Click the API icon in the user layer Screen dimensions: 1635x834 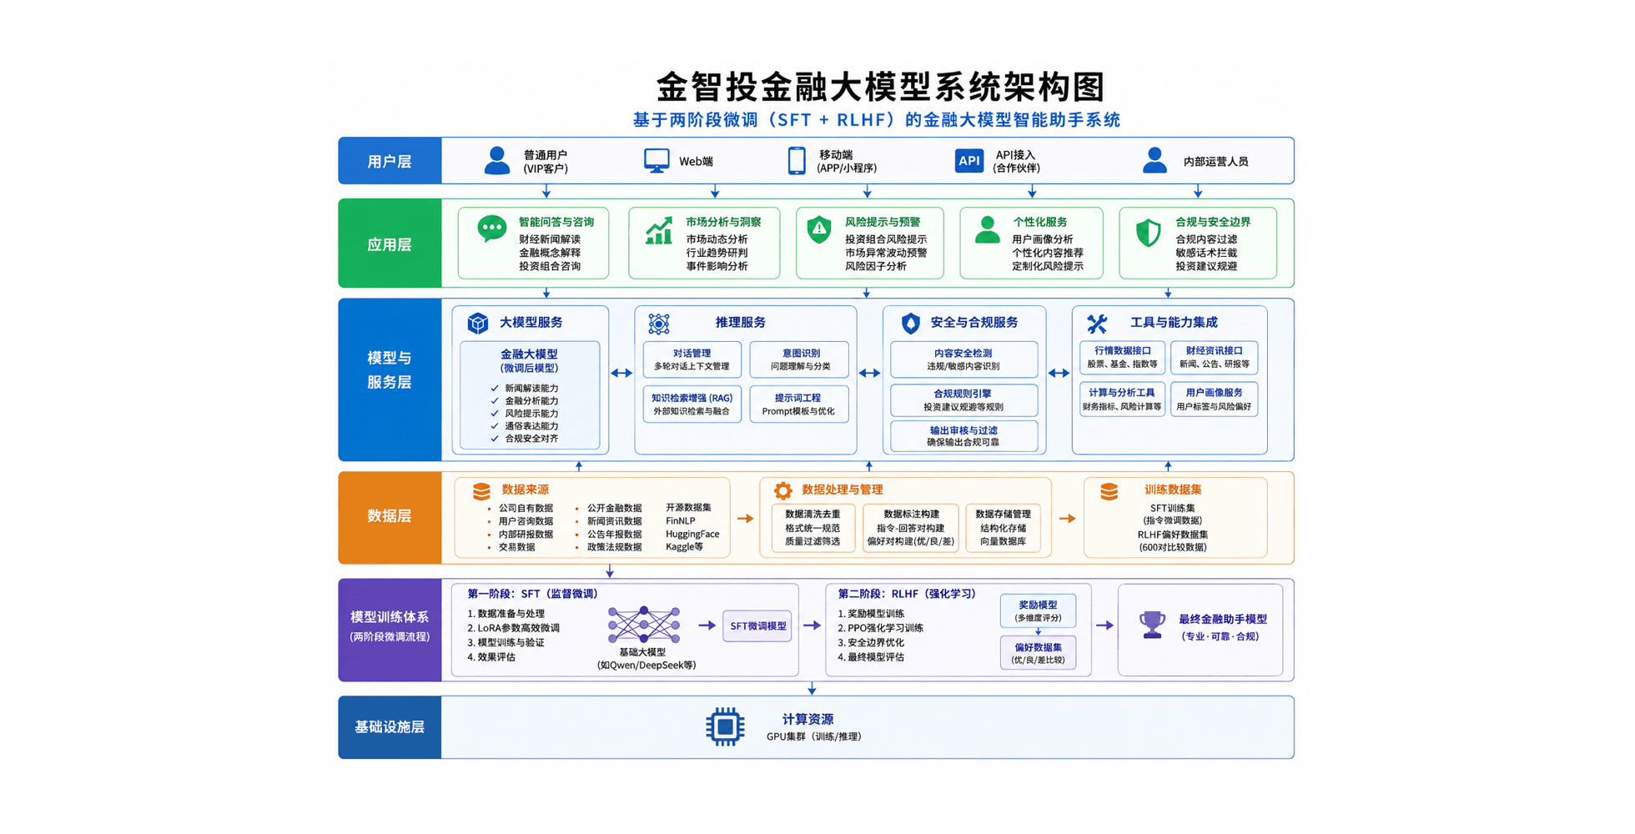(x=968, y=161)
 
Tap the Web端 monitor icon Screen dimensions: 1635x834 (x=657, y=160)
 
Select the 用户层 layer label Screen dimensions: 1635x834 (x=390, y=161)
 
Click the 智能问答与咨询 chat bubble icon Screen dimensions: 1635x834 (x=492, y=229)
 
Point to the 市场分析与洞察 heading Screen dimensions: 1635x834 (x=723, y=222)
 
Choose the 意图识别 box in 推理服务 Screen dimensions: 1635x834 (x=800, y=359)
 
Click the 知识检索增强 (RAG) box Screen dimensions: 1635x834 (x=692, y=404)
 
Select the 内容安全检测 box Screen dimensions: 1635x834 (x=963, y=359)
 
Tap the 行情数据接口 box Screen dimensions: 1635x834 (x=1122, y=358)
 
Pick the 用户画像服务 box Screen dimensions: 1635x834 (x=1214, y=399)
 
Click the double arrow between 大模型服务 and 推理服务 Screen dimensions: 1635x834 (x=621, y=373)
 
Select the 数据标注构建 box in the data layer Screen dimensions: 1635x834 (x=911, y=528)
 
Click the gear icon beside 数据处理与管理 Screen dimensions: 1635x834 (x=782, y=490)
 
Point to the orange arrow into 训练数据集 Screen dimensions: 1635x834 (x=1067, y=519)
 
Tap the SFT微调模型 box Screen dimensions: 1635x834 (x=757, y=625)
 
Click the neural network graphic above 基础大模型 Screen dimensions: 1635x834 (x=643, y=625)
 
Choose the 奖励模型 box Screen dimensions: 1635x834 (x=1038, y=610)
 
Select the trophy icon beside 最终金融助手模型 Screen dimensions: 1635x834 (x=1153, y=625)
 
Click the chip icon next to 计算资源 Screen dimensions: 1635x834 (x=725, y=727)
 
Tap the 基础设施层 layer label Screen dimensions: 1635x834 (x=390, y=727)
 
